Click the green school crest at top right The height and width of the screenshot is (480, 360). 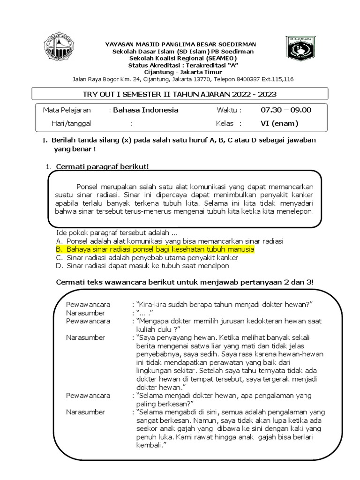[300, 49]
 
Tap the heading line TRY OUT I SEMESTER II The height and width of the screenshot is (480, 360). [180, 94]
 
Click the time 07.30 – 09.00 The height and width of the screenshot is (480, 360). [285, 110]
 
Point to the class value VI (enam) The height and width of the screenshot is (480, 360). [279, 124]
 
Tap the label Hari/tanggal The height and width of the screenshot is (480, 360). [71, 124]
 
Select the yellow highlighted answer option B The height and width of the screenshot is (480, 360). [160, 249]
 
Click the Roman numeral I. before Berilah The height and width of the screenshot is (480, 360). [45, 140]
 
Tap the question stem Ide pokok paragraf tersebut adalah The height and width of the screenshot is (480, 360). [116, 232]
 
